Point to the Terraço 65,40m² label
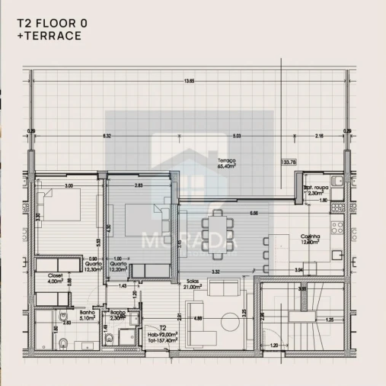point(226,163)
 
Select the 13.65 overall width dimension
point(188,82)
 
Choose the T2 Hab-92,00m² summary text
point(162,336)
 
